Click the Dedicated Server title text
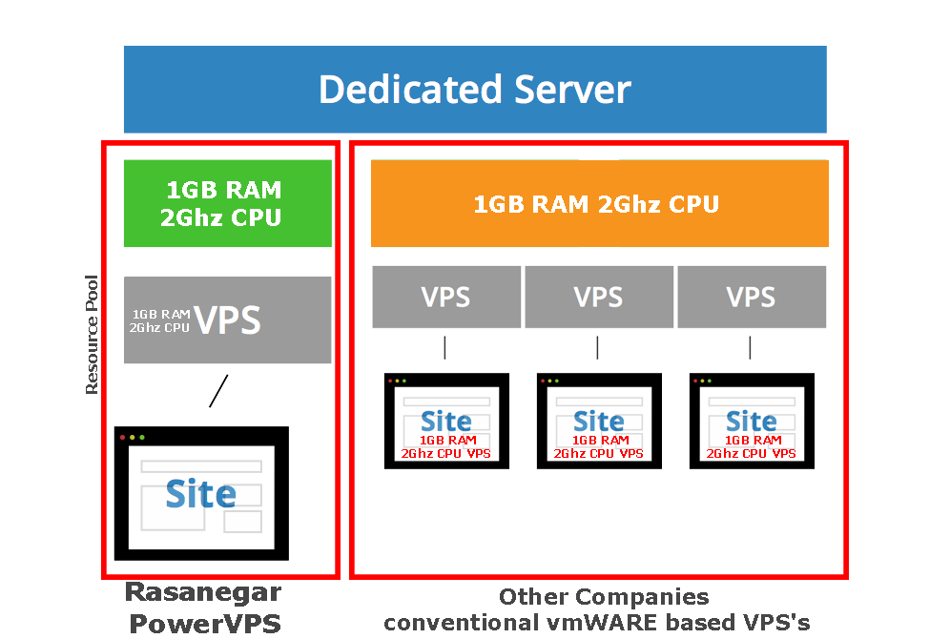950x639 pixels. (474, 89)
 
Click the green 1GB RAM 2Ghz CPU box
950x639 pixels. (227, 203)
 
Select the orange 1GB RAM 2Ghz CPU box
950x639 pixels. (591, 204)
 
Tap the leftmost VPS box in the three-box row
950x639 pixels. (445, 297)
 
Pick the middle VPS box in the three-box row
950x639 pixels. (598, 297)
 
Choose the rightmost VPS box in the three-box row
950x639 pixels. (751, 297)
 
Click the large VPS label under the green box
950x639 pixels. (227, 320)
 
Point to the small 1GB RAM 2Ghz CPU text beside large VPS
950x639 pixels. (159, 321)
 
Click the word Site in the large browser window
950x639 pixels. (200, 494)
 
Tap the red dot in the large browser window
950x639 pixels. (122, 437)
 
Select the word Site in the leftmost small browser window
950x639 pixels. (445, 421)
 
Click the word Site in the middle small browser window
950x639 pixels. (598, 421)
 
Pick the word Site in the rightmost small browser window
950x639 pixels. (751, 421)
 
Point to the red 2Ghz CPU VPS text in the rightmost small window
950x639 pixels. (751, 454)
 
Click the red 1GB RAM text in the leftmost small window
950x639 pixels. (447, 441)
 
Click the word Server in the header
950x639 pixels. (572, 89)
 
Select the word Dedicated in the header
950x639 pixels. (410, 89)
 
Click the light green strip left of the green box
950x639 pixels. (115, 203)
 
